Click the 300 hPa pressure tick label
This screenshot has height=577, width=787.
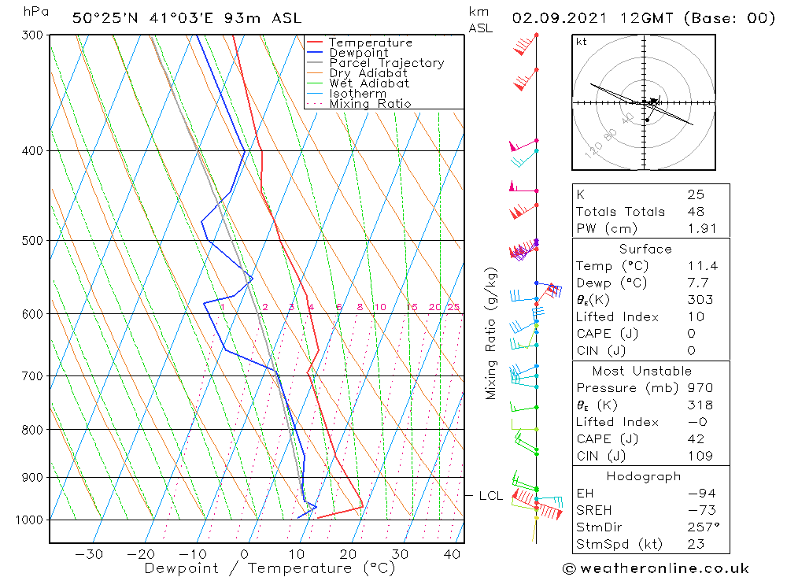tap(31, 35)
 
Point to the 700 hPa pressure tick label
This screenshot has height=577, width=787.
tap(31, 376)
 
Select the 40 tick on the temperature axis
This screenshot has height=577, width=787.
tap(452, 554)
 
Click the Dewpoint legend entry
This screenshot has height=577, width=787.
tap(359, 53)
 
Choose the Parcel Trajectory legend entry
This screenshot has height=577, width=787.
tap(386, 63)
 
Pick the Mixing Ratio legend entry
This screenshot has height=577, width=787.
tap(370, 104)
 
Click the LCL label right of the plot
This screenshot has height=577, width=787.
tap(490, 496)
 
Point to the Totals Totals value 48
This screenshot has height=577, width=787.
tap(696, 211)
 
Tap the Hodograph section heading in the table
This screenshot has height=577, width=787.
tap(644, 476)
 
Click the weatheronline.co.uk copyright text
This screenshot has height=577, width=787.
tap(656, 568)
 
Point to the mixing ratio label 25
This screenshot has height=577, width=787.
tap(453, 307)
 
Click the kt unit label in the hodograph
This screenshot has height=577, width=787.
tap(582, 42)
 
